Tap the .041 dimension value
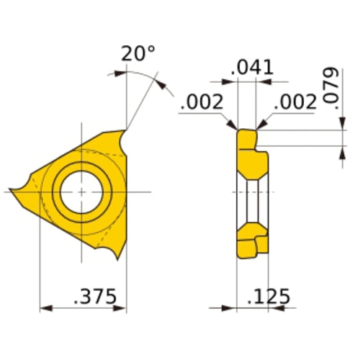253,68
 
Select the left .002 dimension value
202,102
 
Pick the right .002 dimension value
294,102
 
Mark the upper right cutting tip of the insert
125,132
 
